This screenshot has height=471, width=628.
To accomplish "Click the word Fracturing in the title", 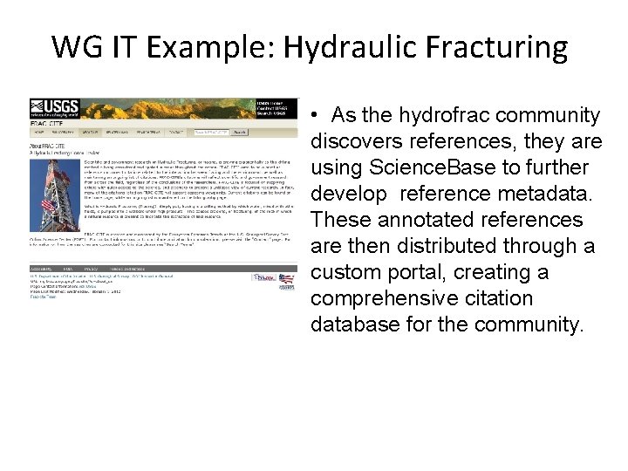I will pyautogui.click(x=490, y=46).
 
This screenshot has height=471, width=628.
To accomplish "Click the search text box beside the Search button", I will pyautogui.click(x=212, y=133).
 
